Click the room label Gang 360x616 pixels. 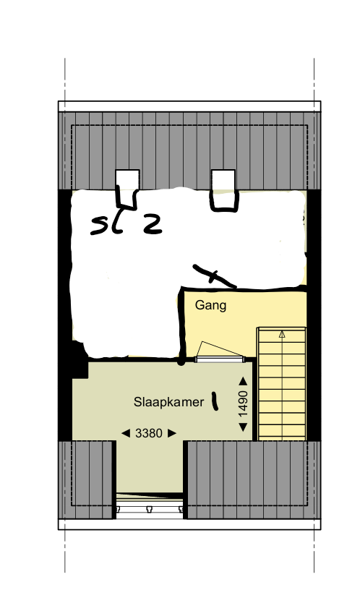[210, 305]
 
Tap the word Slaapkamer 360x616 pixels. [168, 401]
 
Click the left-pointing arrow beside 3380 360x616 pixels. [126, 433]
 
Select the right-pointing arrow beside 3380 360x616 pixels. [171, 433]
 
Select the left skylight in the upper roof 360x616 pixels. [127, 179]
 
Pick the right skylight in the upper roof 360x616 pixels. [223, 179]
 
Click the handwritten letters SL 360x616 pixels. [106, 226]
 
